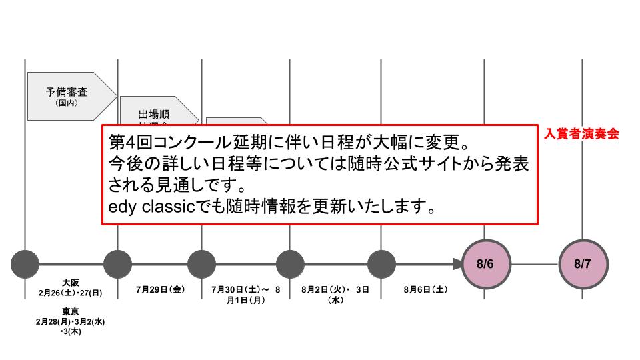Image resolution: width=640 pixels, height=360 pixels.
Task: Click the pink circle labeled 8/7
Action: (582, 264)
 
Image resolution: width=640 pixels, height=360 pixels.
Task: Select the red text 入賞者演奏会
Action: (581, 133)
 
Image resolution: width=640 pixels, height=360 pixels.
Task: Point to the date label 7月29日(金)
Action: (159, 290)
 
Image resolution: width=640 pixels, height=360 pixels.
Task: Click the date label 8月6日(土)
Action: (425, 290)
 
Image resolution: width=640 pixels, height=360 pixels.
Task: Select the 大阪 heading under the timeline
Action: (70, 283)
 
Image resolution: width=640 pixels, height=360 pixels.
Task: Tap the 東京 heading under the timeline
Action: (70, 311)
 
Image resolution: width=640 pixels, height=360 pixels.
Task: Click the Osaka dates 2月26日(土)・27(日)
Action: (70, 293)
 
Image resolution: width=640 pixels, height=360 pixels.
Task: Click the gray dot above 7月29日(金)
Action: (118, 264)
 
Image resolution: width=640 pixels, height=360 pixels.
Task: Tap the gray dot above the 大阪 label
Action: (25, 264)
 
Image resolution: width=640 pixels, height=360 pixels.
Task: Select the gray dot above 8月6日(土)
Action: (381, 264)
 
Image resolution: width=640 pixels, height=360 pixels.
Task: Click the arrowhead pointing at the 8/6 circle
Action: (457, 264)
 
